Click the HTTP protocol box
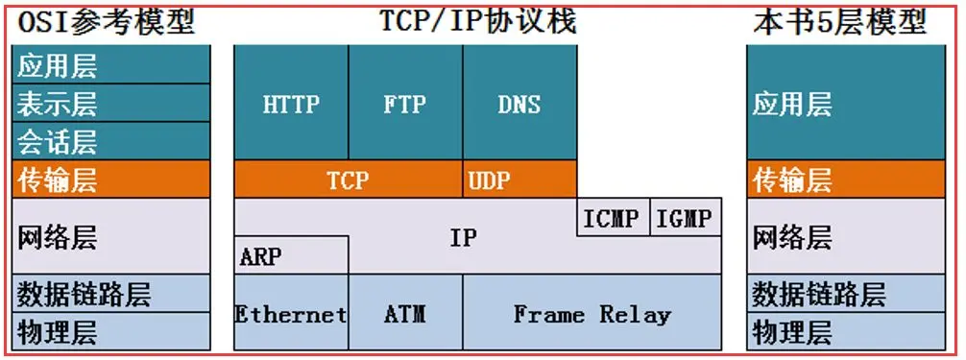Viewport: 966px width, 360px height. (291, 103)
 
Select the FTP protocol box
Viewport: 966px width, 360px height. (405, 103)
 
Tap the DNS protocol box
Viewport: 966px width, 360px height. (519, 103)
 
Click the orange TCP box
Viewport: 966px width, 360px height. (348, 180)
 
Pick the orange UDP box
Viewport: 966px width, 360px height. (519, 180)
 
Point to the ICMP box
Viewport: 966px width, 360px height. (613, 218)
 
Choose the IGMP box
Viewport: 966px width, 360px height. (685, 218)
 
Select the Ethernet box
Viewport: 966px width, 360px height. (291, 313)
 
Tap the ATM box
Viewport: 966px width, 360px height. (405, 313)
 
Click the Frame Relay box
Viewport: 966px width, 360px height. (592, 313)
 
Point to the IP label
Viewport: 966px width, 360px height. (463, 237)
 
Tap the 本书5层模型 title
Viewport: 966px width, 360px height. (840, 21)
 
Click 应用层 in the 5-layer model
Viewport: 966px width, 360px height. (845, 103)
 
